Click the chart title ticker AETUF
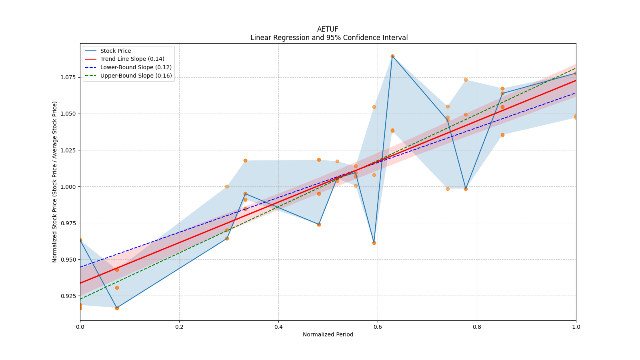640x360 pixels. point(328,29)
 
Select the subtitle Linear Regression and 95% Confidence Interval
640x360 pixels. point(329,38)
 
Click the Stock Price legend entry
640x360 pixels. point(115,51)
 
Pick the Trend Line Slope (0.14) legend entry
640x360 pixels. point(132,59)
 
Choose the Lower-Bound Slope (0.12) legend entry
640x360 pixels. point(136,67)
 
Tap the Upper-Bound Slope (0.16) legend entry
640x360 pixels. point(136,76)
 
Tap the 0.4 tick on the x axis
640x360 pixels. point(278,327)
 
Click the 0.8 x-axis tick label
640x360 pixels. point(477,327)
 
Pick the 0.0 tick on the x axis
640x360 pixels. point(80,327)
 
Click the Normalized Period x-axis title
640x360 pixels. point(328,334)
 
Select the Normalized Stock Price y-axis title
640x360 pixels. point(55,182)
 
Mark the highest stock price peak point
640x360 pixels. point(392,56)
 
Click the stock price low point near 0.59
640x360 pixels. point(374,243)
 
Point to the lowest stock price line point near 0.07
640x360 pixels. point(117,308)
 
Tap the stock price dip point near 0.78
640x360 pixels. point(466,189)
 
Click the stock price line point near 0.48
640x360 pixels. point(319,224)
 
